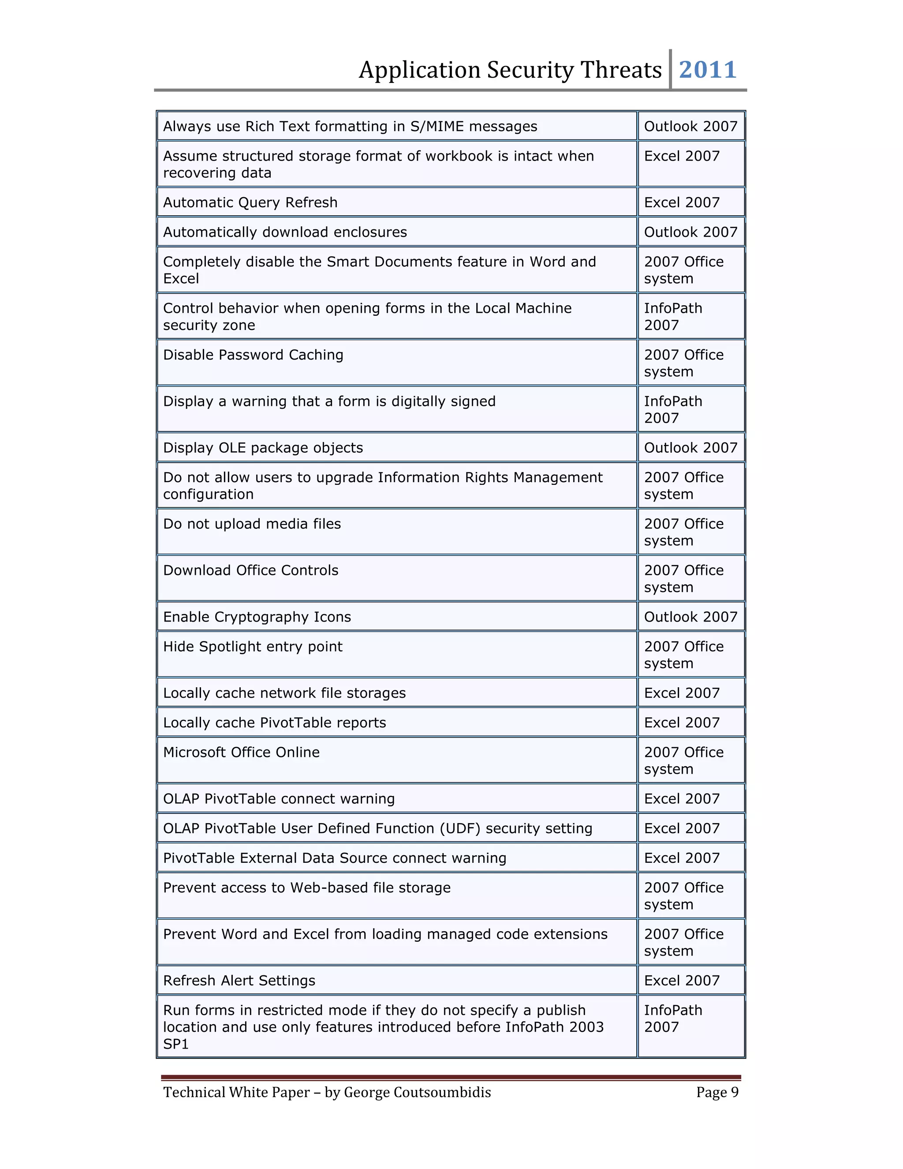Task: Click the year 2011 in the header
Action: tap(707, 70)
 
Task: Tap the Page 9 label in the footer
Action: tap(717, 1092)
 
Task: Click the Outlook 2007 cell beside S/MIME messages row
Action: tap(690, 126)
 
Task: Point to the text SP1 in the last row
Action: tap(175, 1044)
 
